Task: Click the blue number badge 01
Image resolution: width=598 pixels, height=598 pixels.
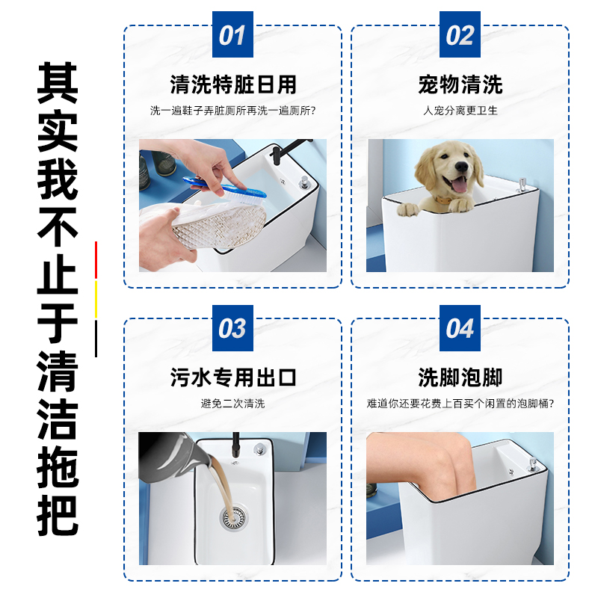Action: [x=232, y=35]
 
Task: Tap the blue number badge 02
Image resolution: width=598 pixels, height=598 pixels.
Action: [x=460, y=35]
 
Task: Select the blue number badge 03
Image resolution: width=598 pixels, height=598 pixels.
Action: [x=232, y=328]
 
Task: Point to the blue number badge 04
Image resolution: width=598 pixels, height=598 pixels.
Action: [x=460, y=328]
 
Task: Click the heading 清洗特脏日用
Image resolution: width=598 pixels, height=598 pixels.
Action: [x=232, y=84]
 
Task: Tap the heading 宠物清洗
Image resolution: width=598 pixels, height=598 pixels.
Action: [x=460, y=84]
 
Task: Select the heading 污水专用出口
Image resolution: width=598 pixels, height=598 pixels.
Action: [x=232, y=377]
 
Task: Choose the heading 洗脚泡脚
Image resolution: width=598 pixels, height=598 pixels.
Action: [x=460, y=377]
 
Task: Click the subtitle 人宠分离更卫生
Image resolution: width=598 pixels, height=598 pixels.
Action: [x=460, y=111]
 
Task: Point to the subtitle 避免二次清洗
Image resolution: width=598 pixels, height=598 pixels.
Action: [x=232, y=404]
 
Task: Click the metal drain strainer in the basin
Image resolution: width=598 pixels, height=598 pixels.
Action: [x=232, y=516]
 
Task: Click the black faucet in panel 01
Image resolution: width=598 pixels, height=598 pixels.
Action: [x=277, y=156]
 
